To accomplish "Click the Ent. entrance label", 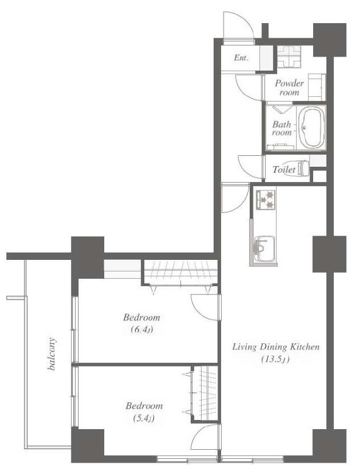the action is (x=241, y=58).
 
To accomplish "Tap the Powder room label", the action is (x=289, y=88).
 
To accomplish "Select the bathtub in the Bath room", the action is (x=311, y=128).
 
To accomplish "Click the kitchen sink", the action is (x=265, y=249).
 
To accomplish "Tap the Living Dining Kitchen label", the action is (x=276, y=347).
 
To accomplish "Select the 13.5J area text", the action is (x=275, y=360).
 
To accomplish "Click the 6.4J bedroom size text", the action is (x=142, y=329).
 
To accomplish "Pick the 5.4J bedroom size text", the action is (x=144, y=418).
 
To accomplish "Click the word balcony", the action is (x=52, y=354).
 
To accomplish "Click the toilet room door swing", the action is (x=250, y=167).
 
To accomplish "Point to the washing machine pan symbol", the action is (x=289, y=57).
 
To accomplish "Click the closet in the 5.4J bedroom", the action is (x=204, y=393).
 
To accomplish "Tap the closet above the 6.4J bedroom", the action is (x=180, y=272).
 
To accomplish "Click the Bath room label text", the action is (x=281, y=128).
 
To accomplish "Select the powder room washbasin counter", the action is (x=317, y=87).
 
